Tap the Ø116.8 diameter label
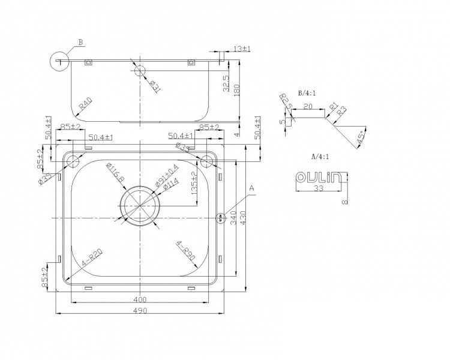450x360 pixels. (x=115, y=173)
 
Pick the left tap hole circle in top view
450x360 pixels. (x=73, y=161)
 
